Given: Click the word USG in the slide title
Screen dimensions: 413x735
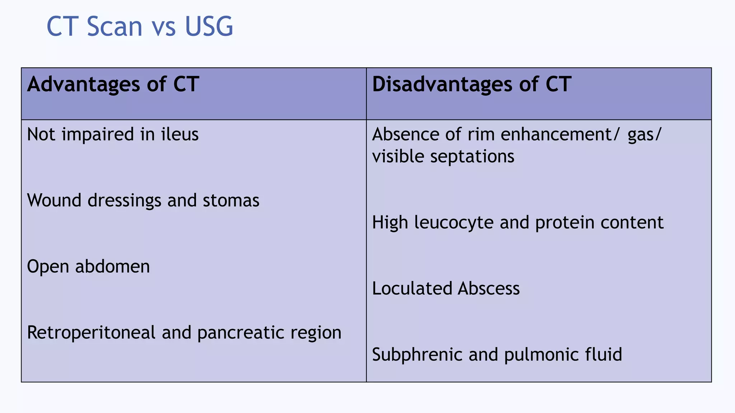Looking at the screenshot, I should click(x=209, y=27).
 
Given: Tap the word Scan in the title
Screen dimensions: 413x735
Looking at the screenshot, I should click(x=114, y=27).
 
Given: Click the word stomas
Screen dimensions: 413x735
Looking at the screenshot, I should click(x=231, y=200).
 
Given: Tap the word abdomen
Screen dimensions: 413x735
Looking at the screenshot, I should click(x=112, y=266).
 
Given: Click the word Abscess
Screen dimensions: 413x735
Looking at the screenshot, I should click(x=488, y=289).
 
